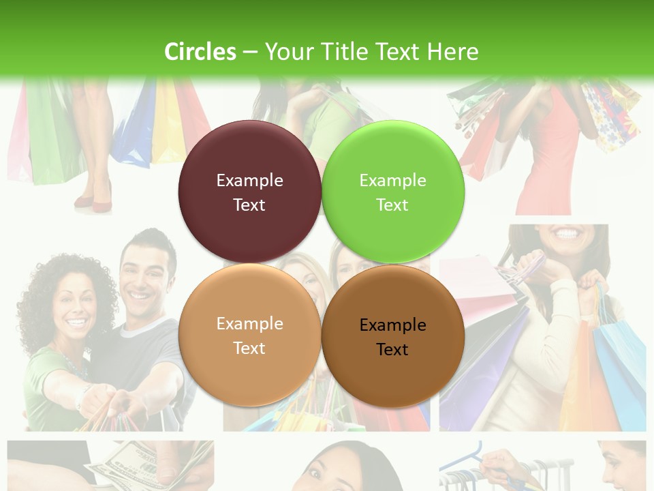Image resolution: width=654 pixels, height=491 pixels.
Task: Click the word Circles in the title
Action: tap(200, 52)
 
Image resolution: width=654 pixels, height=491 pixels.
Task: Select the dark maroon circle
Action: tap(249, 192)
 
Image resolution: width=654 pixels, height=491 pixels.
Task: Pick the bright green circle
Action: tap(393, 192)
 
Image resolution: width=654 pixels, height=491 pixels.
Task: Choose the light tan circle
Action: tap(249, 335)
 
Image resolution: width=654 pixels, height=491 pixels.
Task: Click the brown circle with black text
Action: tap(393, 336)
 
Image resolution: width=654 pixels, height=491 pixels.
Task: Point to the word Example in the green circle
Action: tap(392, 180)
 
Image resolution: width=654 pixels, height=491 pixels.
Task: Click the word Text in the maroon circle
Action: tap(249, 205)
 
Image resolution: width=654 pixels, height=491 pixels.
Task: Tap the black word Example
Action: tap(392, 325)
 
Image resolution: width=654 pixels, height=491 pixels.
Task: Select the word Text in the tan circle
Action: tap(249, 348)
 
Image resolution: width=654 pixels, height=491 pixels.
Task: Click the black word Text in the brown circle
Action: tap(392, 349)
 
